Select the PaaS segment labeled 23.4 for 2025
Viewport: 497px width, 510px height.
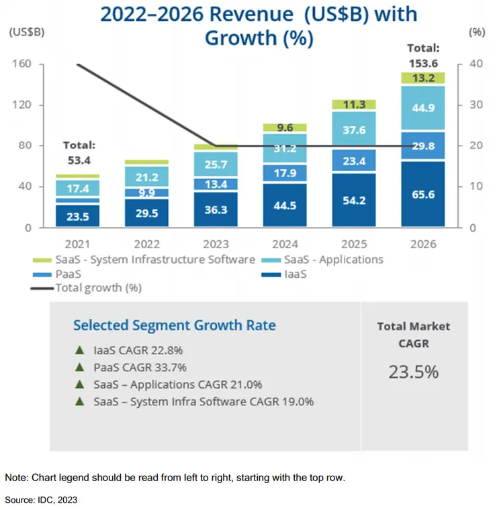point(353,161)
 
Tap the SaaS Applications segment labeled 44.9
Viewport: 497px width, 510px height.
point(422,108)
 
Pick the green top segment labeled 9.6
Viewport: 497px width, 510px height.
point(284,127)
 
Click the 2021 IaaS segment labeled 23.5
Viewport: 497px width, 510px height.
point(78,216)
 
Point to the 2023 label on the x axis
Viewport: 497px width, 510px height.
point(215,244)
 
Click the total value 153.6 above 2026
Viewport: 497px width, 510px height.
point(422,61)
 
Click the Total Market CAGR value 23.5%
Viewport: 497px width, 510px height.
point(413,371)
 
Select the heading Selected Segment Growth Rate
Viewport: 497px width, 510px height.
point(174,325)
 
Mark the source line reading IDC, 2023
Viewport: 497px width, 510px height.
point(41,499)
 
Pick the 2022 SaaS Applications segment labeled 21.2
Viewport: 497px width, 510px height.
point(146,177)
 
